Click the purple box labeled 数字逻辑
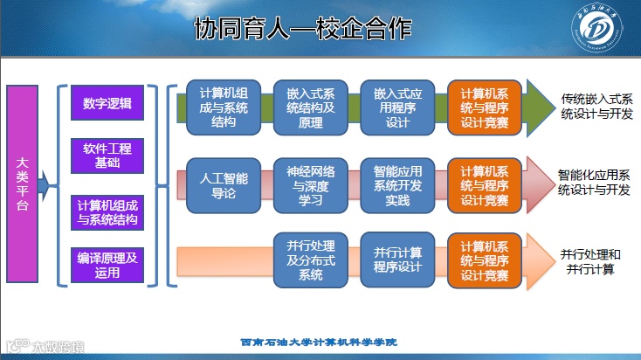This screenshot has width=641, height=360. coord(107,104)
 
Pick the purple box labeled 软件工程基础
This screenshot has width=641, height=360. coord(107,155)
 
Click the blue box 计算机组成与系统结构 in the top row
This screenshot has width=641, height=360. coord(224,107)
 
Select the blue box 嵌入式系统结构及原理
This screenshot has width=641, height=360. coord(311,107)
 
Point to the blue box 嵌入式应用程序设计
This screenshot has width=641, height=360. coord(397,107)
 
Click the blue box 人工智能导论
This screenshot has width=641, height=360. coord(224,186)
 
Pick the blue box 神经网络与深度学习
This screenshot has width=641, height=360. coord(311,186)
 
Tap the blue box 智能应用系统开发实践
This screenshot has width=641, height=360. coord(397,186)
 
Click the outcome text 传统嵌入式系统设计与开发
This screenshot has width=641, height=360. coord(596,107)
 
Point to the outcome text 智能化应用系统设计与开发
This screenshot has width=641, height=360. coord(594,182)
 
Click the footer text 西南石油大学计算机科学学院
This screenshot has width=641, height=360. coord(318,343)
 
